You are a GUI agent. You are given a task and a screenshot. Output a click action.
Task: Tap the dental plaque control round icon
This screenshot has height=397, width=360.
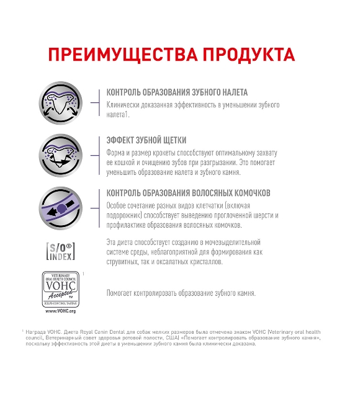pos(60,102)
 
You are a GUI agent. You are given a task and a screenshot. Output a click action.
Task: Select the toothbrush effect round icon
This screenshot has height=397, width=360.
pos(60,153)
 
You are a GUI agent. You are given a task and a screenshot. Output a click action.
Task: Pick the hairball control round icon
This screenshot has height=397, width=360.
pos(60,206)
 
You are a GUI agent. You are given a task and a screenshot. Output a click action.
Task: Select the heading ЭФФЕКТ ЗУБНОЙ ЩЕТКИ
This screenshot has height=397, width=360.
pos(146,141)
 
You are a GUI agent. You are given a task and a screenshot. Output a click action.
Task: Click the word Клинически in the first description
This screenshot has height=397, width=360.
pos(124,105)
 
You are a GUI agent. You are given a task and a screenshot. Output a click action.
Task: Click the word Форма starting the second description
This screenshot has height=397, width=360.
pos(117,152)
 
